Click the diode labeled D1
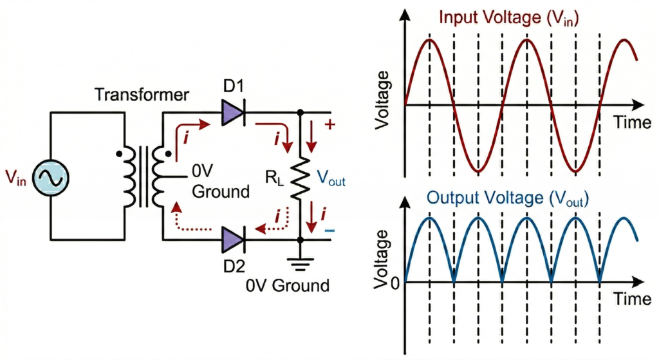233,115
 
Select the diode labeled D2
233,240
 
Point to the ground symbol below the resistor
300,261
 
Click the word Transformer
142,95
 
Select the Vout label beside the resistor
332,180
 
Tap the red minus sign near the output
329,229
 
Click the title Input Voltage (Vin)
508,17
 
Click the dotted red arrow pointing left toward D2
270,226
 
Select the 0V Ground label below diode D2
288,285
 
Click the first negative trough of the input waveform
478,171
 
